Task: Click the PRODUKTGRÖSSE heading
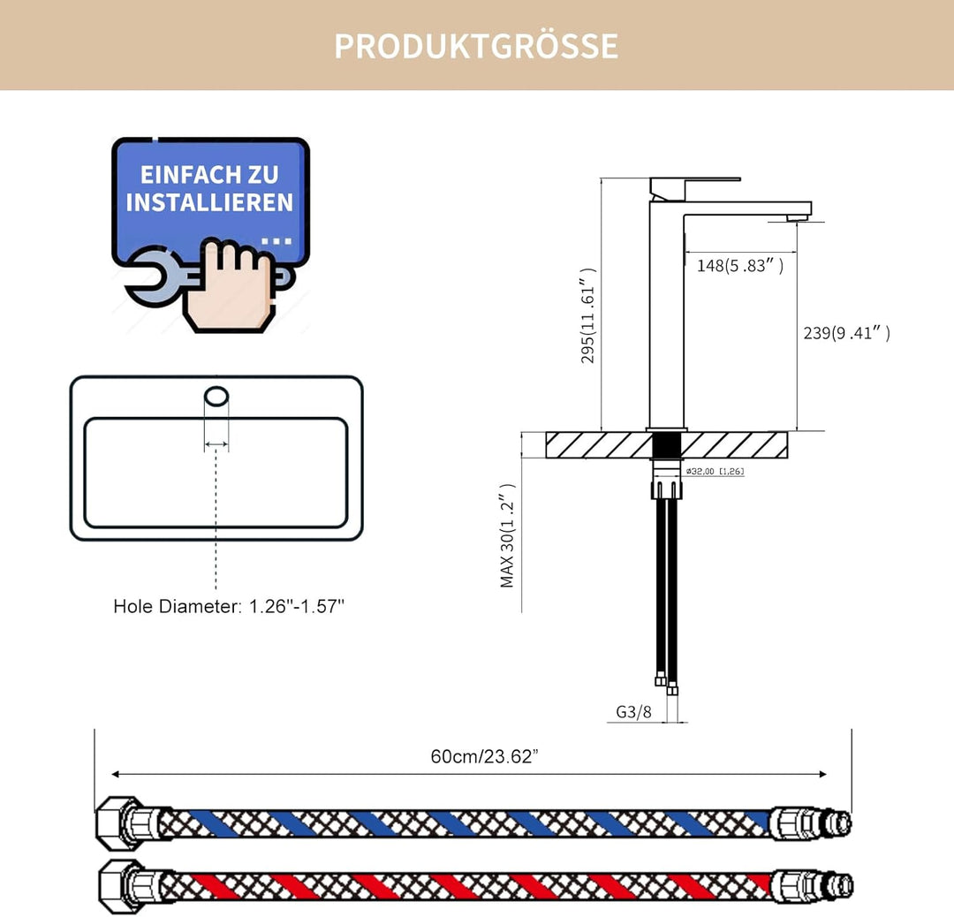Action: (476, 46)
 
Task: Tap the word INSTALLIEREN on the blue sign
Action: (209, 202)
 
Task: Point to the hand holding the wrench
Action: (231, 286)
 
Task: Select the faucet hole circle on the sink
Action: (216, 396)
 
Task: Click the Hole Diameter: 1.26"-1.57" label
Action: (229, 606)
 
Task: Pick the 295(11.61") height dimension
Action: (587, 315)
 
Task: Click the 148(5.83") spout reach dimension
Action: (740, 265)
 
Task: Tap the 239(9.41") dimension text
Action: (846, 333)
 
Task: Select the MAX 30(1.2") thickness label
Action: (507, 536)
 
